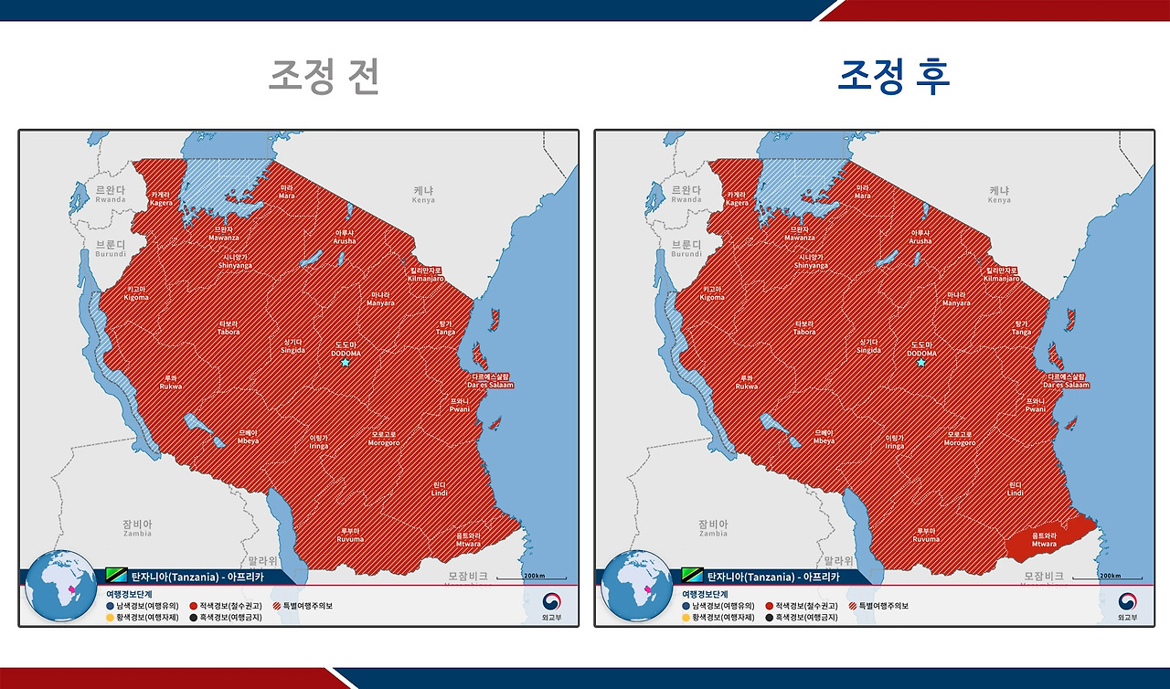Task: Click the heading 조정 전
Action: pos(324,77)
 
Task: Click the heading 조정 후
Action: pos(894,77)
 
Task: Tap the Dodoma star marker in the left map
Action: pos(346,363)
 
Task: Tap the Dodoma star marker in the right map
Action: pos(921,363)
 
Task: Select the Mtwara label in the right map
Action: pos(1044,540)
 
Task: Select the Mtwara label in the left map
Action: pos(468,540)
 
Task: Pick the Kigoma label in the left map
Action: pos(136,293)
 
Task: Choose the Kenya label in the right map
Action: pos(999,195)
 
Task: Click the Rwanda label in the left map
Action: pos(111,194)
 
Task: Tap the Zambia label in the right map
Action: pos(713,528)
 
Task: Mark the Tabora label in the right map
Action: pos(804,328)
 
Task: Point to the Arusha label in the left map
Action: pos(345,237)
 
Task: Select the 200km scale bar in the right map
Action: pos(1107,578)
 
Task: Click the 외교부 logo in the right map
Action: pos(1128,608)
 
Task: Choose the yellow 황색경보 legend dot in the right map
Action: pos(685,618)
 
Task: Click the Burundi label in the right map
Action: pos(686,249)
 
